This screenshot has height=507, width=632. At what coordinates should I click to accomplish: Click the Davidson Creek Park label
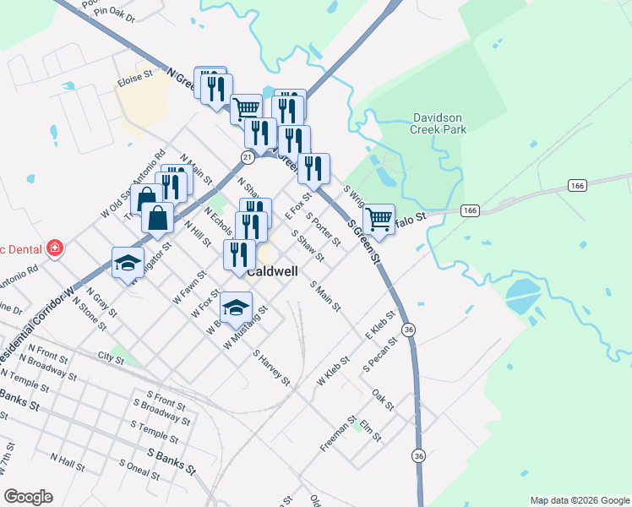439,123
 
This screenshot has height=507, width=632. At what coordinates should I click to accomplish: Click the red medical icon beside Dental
55,248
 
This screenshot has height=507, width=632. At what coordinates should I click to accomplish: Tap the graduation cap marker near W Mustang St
236,306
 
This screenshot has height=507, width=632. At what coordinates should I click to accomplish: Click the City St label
111,358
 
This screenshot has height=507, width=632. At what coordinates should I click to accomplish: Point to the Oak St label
384,400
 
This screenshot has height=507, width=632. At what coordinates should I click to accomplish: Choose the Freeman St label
339,433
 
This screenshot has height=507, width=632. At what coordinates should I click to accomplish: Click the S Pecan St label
379,357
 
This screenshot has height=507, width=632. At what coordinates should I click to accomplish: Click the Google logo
29,497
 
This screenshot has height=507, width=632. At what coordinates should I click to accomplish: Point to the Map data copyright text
579,500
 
